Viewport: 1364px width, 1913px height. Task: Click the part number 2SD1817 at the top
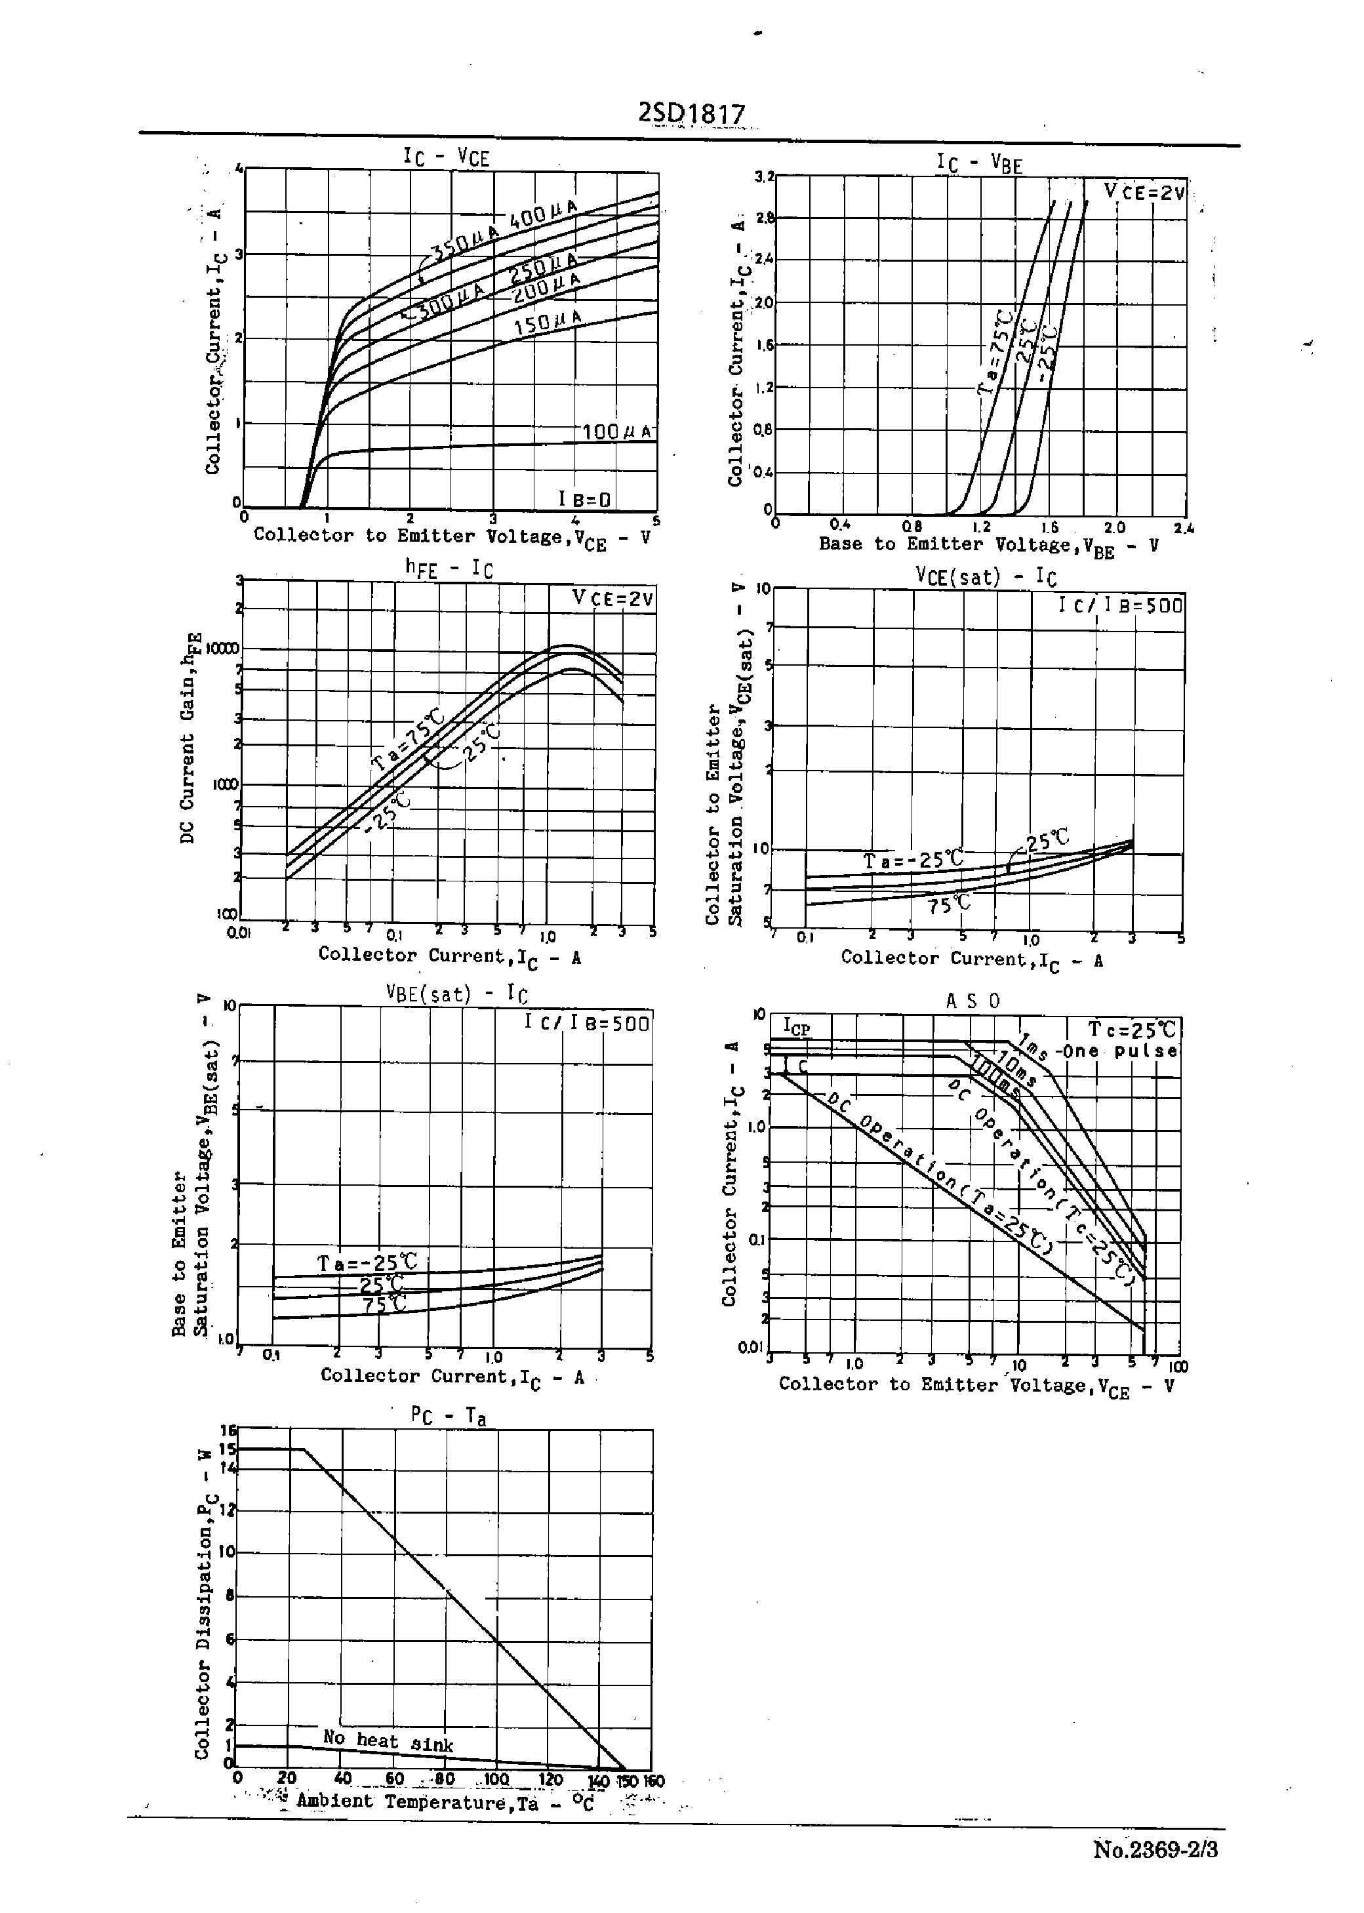[691, 114]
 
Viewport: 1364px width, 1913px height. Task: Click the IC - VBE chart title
[979, 162]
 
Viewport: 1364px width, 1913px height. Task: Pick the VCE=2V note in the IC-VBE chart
[1144, 192]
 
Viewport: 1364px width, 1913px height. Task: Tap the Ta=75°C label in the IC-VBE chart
[995, 351]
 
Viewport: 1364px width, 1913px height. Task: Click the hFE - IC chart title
[449, 569]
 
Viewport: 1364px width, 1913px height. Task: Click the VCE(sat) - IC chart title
[985, 577]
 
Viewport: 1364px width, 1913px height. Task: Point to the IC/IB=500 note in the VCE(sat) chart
[1121, 605]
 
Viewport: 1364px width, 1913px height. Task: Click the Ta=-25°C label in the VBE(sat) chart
[367, 1263]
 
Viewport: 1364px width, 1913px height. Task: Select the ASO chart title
[973, 1001]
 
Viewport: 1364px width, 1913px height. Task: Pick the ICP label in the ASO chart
[796, 1027]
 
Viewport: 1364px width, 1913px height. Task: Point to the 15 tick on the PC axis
[228, 1449]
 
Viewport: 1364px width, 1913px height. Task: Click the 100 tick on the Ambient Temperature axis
[496, 1779]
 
